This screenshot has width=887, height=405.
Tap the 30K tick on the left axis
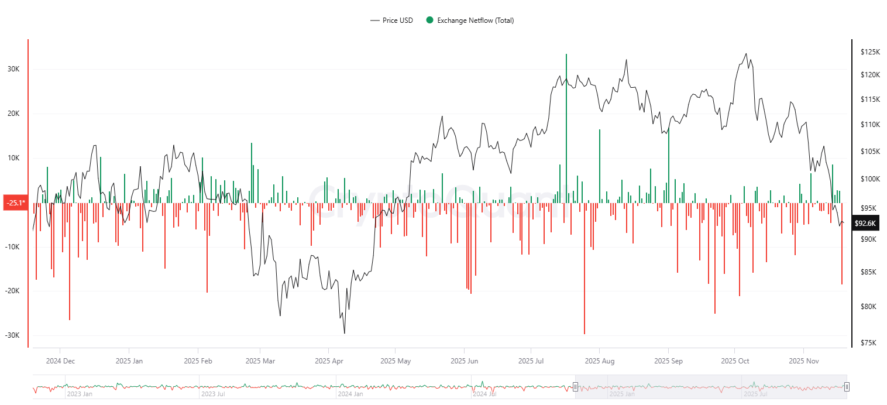click(x=13, y=69)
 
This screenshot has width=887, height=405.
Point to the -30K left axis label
click(x=12, y=335)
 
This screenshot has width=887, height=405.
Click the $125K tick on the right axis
click(x=870, y=52)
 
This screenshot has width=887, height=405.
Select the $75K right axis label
click(x=869, y=343)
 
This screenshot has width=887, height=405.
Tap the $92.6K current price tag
click(x=865, y=223)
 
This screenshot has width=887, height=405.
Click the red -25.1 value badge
click(x=15, y=203)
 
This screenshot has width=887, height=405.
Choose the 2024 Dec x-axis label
click(x=60, y=361)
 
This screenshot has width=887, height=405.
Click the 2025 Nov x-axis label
click(x=804, y=361)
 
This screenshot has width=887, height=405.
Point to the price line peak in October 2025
click(x=745, y=54)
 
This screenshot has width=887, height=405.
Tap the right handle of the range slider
click(x=846, y=386)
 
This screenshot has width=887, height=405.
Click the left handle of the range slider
click(x=575, y=386)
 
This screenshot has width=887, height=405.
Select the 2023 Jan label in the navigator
click(x=80, y=394)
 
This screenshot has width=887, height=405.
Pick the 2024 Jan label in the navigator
click(x=350, y=394)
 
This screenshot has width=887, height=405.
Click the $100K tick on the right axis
click(x=870, y=179)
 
